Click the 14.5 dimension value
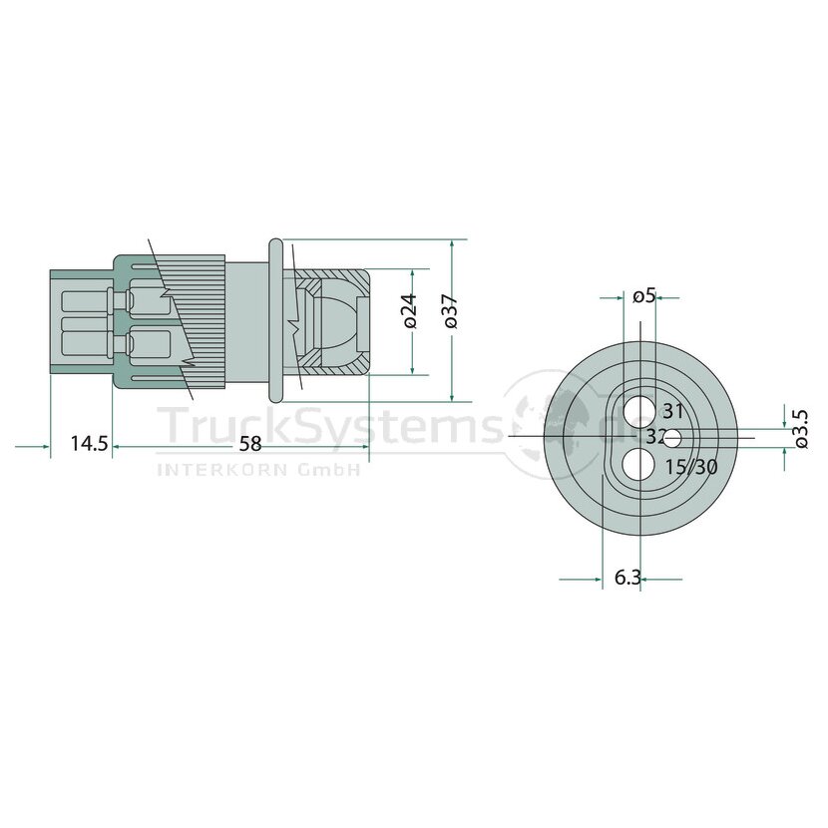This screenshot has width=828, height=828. coord(89,444)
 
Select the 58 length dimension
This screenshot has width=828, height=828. coord(250,444)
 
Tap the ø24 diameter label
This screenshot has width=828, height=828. coord(410,311)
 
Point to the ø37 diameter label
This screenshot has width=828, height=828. coord(451,311)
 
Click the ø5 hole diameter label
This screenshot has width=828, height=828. coord(643,296)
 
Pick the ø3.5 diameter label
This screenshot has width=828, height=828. coord(801,429)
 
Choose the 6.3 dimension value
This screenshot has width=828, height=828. coord(627,578)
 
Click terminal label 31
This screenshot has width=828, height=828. coord(673,411)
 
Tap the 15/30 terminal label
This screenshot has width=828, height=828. coord(691,467)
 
